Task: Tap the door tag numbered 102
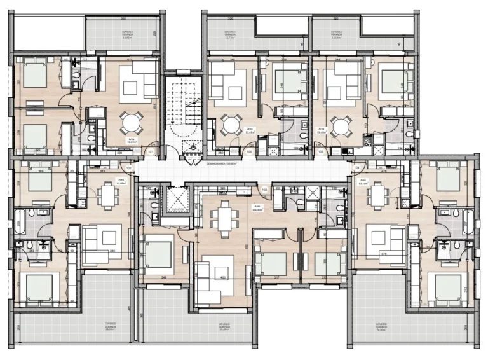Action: (x=129, y=168)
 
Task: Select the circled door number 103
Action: (x=264, y=190)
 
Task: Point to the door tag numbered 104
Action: (x=356, y=168)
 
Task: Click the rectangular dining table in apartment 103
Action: (x=223, y=217)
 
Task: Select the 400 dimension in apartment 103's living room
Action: (x=222, y=278)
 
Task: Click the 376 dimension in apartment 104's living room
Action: (x=384, y=253)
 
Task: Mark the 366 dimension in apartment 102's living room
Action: (x=112, y=251)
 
